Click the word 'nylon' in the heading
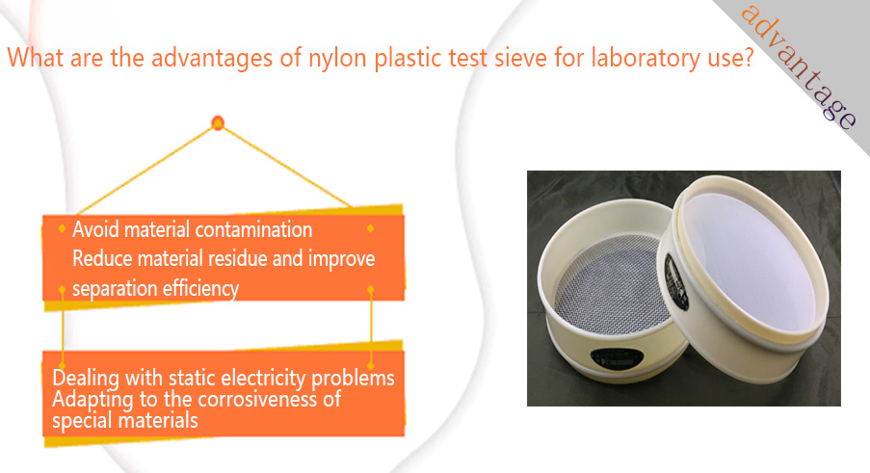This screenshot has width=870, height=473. (338, 59)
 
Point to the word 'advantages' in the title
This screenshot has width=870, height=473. (211, 58)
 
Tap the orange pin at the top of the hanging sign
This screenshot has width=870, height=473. (218, 122)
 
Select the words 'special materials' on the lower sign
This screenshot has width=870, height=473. (125, 421)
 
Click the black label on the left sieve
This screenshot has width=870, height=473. (617, 357)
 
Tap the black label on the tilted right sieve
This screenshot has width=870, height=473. (676, 281)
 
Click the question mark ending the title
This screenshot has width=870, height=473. (748, 57)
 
